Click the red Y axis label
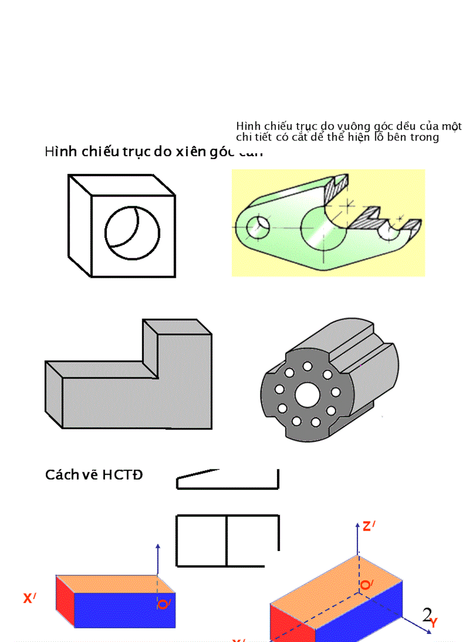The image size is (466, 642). [434, 623]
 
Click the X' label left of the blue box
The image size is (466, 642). [30, 599]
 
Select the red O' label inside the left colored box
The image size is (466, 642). [164, 604]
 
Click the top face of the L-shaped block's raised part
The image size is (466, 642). [177, 327]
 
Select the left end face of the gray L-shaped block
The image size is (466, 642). [54, 394]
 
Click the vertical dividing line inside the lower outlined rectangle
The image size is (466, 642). [227, 541]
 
